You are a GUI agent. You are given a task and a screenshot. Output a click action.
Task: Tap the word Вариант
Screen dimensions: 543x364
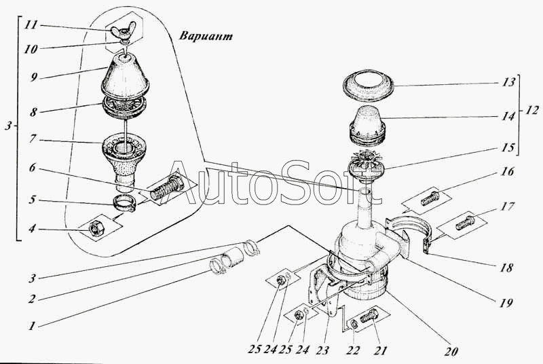pyautogui.click(x=206, y=36)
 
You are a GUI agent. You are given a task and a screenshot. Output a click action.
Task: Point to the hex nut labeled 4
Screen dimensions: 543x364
pyautogui.click(x=95, y=229)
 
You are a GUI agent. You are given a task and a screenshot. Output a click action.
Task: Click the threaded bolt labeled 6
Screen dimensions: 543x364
pyautogui.click(x=166, y=189)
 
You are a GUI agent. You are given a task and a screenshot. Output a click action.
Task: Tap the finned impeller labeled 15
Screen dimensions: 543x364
pyautogui.click(x=365, y=167)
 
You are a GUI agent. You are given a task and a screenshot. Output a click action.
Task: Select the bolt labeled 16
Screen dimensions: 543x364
pyautogui.click(x=430, y=199)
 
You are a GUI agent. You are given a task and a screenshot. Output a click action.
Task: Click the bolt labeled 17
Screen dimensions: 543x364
pyautogui.click(x=464, y=223)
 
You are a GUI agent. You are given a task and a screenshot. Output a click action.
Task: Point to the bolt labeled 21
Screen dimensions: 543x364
pyautogui.click(x=369, y=316)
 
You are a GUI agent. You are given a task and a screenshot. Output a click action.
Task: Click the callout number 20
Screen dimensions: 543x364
pyautogui.click(x=451, y=351)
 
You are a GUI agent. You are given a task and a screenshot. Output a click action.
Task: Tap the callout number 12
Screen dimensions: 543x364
pyautogui.click(x=531, y=111)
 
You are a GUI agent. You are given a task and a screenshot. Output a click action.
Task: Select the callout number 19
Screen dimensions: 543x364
pyautogui.click(x=505, y=303)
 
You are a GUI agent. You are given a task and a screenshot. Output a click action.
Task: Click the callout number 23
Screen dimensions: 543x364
pyautogui.click(x=322, y=350)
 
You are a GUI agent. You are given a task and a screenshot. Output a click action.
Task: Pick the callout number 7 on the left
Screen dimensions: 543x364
pyautogui.click(x=33, y=139)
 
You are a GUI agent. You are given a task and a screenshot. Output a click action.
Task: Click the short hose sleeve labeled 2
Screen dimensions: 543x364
pyautogui.click(x=231, y=259)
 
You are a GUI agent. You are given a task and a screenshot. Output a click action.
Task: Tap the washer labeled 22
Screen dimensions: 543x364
pyautogui.click(x=354, y=325)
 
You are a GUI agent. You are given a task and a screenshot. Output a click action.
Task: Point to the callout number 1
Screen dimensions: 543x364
pyautogui.click(x=32, y=325)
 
